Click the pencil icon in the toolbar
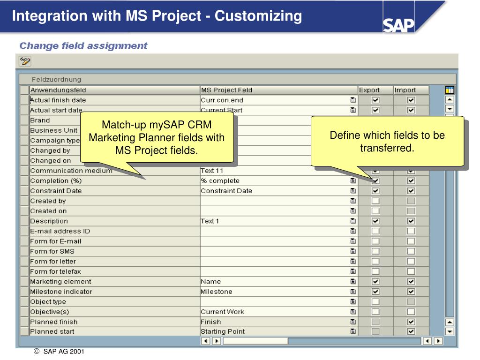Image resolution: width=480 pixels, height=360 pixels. [x=25, y=61]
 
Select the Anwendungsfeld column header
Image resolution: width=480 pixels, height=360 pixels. [x=114, y=90]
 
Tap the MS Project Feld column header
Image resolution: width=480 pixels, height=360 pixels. [x=278, y=90]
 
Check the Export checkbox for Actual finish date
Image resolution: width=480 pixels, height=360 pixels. [x=375, y=100]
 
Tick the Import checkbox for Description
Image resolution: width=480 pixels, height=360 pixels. [x=411, y=221]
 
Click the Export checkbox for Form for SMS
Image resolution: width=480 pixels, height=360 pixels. [x=375, y=251]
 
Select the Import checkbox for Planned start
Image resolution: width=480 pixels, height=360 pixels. [x=411, y=331]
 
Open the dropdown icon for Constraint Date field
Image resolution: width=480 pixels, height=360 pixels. [x=352, y=191]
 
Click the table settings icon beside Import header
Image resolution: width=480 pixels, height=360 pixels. [x=450, y=90]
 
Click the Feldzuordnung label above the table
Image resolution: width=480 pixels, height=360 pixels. [x=57, y=79]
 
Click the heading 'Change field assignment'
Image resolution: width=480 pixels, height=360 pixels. [x=83, y=46]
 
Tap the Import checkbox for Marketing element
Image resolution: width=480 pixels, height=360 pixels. [x=411, y=281]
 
